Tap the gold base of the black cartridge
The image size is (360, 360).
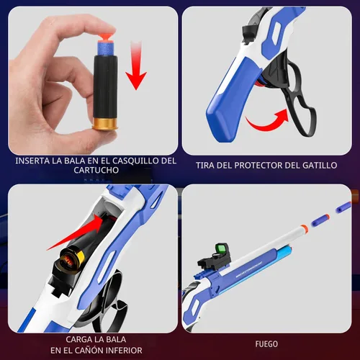click(x=104, y=123)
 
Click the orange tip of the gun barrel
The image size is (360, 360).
click(x=304, y=228)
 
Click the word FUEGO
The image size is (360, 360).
click(x=266, y=344)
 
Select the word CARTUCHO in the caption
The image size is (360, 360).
click(x=96, y=170)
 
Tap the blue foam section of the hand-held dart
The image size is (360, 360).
click(x=106, y=48)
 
